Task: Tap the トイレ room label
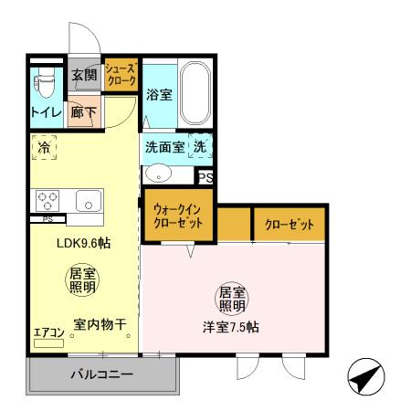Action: click(46, 112)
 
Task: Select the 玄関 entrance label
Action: click(85, 74)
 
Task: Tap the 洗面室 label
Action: click(164, 146)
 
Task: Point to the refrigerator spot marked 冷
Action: click(44, 145)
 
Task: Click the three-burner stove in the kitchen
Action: click(47, 200)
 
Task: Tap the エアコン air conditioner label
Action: click(49, 332)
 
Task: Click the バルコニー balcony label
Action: click(102, 374)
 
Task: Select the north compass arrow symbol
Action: click(365, 375)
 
